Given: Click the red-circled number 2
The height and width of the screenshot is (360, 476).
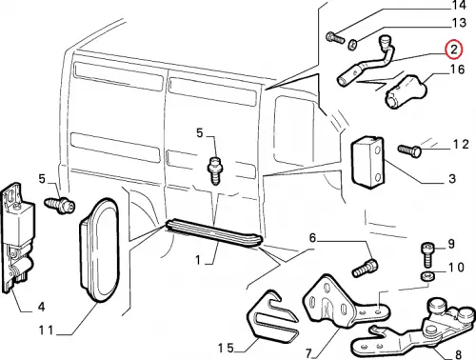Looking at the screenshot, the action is click(454, 50).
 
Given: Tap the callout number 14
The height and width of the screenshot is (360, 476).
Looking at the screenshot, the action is click(459, 5).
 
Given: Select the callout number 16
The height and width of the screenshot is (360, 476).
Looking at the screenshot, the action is click(457, 70).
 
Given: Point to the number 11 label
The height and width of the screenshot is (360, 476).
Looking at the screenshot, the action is click(46, 330).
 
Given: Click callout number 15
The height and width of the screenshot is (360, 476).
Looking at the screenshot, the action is click(226, 348).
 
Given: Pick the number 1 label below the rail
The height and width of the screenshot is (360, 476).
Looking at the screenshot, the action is click(198, 260).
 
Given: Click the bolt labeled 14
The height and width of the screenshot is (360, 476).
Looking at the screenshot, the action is click(335, 38).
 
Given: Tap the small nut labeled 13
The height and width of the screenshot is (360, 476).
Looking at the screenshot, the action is click(352, 45).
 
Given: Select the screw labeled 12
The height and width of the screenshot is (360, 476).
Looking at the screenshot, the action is click(409, 150).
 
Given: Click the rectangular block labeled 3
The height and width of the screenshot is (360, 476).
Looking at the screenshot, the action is click(367, 162).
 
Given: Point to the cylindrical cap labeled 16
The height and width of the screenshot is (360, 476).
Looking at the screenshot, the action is click(407, 91).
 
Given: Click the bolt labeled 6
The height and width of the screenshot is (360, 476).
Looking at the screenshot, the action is click(365, 268).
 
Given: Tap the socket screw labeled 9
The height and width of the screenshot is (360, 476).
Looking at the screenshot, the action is click(427, 254).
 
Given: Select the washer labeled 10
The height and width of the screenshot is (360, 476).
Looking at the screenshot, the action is click(426, 276).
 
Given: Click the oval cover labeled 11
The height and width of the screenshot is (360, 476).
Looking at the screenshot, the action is click(99, 250).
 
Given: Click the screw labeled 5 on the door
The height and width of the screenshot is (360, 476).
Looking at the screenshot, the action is click(215, 170).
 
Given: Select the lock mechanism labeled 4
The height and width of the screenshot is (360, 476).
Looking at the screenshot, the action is click(16, 236).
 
